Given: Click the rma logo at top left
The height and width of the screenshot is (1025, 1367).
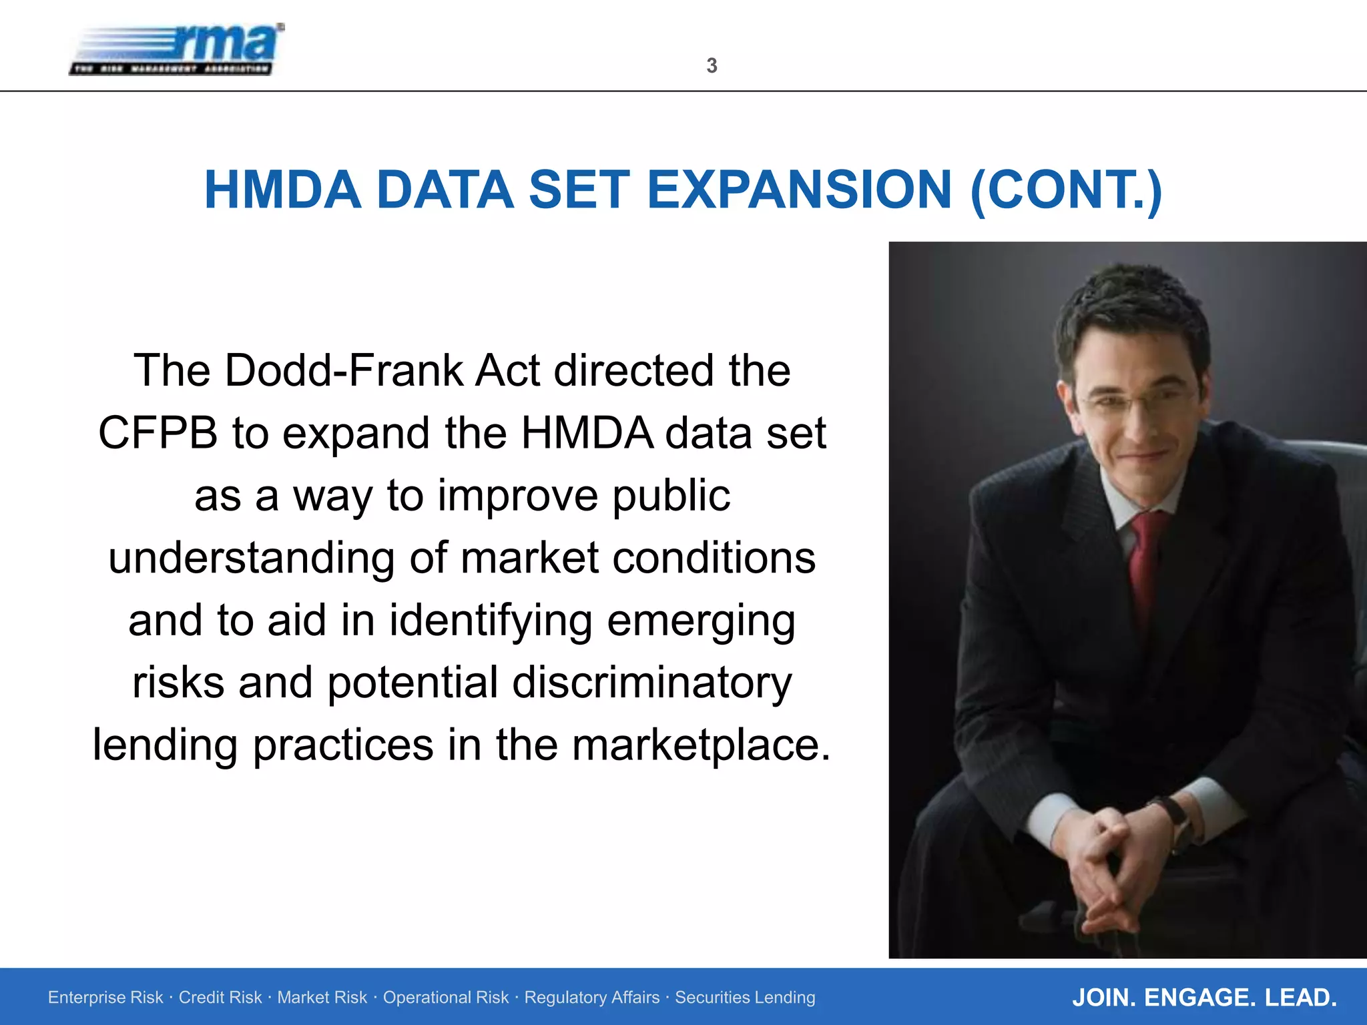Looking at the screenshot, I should (x=177, y=49).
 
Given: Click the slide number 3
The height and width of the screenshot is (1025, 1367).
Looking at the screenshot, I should (x=712, y=65).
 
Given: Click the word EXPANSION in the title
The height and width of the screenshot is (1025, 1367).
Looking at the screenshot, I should (x=799, y=190).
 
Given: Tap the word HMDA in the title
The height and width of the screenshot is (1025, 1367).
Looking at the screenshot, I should (x=282, y=190).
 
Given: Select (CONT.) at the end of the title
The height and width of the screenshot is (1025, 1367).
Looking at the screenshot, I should (x=1066, y=190).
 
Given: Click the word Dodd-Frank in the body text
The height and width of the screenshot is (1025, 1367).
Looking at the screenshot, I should (x=344, y=370).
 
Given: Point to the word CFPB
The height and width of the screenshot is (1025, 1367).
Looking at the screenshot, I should (x=158, y=433).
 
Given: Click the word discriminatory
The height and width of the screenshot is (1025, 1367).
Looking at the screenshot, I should (x=652, y=683).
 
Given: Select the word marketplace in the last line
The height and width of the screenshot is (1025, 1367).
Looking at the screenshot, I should (x=701, y=745).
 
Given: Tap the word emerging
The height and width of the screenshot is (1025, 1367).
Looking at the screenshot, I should (x=701, y=621).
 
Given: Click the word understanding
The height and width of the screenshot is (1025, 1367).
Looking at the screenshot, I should (x=252, y=558).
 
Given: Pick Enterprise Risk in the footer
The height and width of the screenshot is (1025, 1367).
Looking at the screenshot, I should (x=105, y=998).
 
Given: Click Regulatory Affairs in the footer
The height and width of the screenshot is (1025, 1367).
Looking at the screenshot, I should (x=591, y=998).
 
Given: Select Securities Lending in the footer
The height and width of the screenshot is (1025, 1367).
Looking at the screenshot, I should (x=745, y=998).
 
